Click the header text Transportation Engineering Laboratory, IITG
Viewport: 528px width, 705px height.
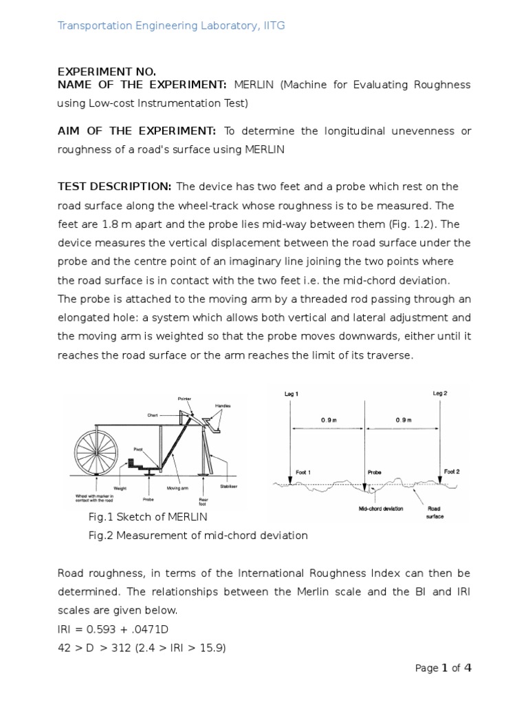pos(170,25)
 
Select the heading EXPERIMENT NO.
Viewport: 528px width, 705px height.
pos(106,72)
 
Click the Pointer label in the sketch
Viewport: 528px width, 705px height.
pos(184,398)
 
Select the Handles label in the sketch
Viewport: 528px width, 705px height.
pos(223,406)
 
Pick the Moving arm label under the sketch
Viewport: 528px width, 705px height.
pos(178,488)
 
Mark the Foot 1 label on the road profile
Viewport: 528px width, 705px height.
pos(303,472)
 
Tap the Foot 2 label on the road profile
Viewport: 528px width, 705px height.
pos(451,472)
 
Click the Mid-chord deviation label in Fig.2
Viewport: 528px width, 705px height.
pos(380,509)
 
